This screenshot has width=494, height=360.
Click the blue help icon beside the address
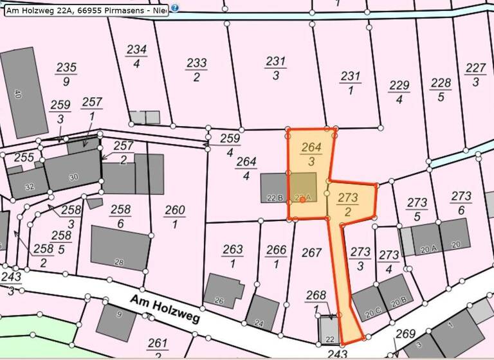(x=175, y=9)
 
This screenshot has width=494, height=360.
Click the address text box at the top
(x=86, y=10)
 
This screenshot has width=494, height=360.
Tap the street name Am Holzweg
(x=165, y=309)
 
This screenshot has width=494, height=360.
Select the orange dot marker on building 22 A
(x=302, y=200)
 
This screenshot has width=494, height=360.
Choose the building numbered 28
(x=120, y=248)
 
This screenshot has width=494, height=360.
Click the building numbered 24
(x=262, y=313)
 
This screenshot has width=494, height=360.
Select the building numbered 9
(x=118, y=318)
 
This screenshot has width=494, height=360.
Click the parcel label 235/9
(x=66, y=74)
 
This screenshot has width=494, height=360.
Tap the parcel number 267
(x=311, y=253)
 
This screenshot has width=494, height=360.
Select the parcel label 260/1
(x=175, y=217)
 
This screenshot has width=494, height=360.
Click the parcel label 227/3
(x=475, y=75)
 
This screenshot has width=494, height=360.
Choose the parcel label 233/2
(x=197, y=69)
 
